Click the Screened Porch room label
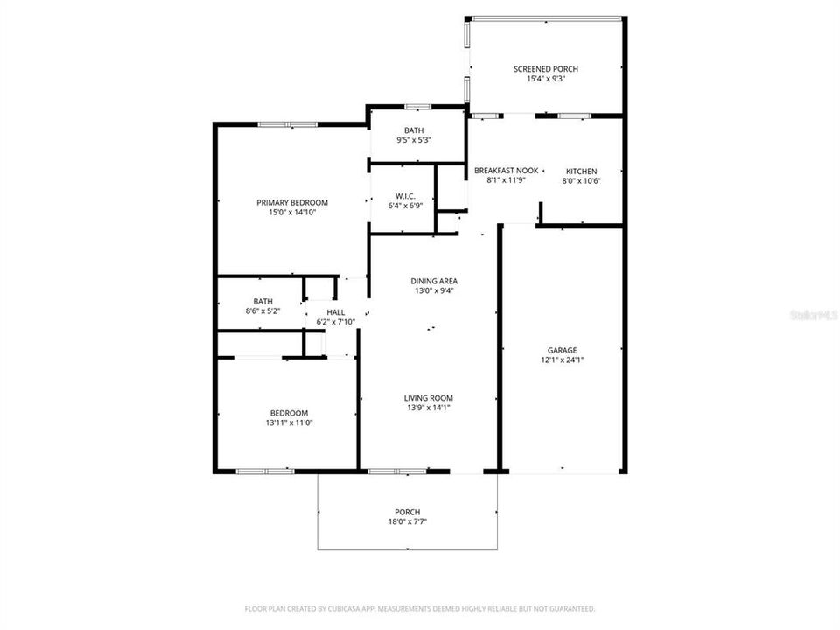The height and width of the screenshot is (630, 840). click(x=545, y=69)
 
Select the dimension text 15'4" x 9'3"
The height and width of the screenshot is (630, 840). click(x=545, y=80)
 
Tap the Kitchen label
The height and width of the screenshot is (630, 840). click(x=581, y=171)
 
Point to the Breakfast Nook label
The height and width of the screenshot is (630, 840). click(x=506, y=171)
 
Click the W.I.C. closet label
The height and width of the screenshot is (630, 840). click(x=404, y=196)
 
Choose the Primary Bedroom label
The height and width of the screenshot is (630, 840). click(x=292, y=202)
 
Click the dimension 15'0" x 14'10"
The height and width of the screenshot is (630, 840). click(x=292, y=212)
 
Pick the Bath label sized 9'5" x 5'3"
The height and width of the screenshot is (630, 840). click(x=414, y=130)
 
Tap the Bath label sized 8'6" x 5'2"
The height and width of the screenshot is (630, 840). click(x=262, y=301)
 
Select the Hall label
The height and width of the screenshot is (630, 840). click(x=335, y=312)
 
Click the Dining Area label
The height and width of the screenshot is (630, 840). click(x=434, y=281)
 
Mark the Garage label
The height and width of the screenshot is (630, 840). click(x=563, y=350)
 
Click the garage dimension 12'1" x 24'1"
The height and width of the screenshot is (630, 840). click(x=563, y=360)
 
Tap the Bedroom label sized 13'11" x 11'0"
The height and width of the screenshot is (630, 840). click(x=288, y=413)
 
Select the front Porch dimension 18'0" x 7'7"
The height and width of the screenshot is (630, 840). click(x=407, y=522)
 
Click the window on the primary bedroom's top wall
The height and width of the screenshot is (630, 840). click(x=287, y=124)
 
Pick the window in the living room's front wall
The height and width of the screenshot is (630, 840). click(x=396, y=472)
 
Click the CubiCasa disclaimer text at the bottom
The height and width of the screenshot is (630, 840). click(x=420, y=608)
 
